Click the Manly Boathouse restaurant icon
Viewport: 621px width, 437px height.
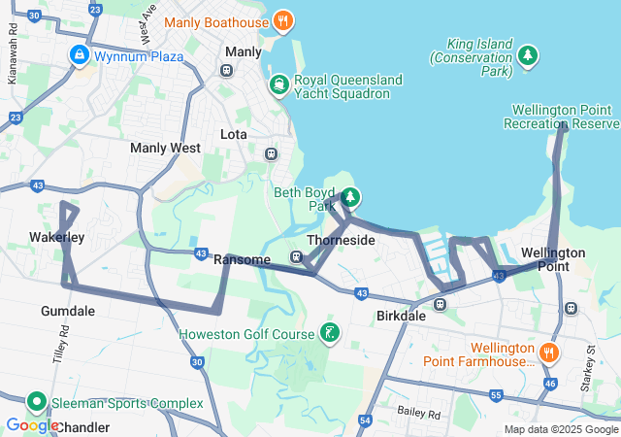(282, 19)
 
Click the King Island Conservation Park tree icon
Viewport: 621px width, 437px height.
(528, 55)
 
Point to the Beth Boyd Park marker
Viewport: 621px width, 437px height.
(349, 198)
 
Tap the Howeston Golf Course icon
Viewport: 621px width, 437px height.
(330, 334)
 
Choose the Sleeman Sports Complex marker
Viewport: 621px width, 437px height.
(37, 401)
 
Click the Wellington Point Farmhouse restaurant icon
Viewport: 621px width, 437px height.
(549, 353)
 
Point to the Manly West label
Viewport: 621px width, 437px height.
(165, 148)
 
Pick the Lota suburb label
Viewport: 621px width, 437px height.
(234, 133)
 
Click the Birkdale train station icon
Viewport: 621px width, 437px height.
(440, 304)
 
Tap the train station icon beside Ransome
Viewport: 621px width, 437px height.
(296, 257)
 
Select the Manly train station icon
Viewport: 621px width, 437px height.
(226, 70)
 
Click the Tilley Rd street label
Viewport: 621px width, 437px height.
(63, 342)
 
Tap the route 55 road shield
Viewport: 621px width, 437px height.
(495, 396)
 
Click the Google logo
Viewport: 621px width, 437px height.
(31, 424)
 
